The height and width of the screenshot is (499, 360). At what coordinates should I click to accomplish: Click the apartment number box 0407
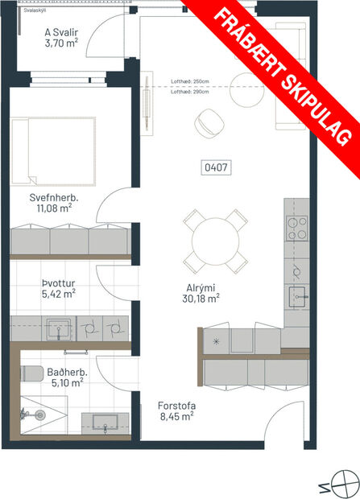[215, 169]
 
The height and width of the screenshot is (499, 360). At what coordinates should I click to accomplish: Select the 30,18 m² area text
[201, 297]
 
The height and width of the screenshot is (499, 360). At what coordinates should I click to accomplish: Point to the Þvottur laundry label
[58, 283]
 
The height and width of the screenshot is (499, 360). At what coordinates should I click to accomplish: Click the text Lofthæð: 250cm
[190, 81]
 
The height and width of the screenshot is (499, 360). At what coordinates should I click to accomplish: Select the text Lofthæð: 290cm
[190, 91]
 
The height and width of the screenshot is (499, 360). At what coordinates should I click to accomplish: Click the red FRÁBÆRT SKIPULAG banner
[282, 72]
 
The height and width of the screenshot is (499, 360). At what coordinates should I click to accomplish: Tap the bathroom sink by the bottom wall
[106, 422]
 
